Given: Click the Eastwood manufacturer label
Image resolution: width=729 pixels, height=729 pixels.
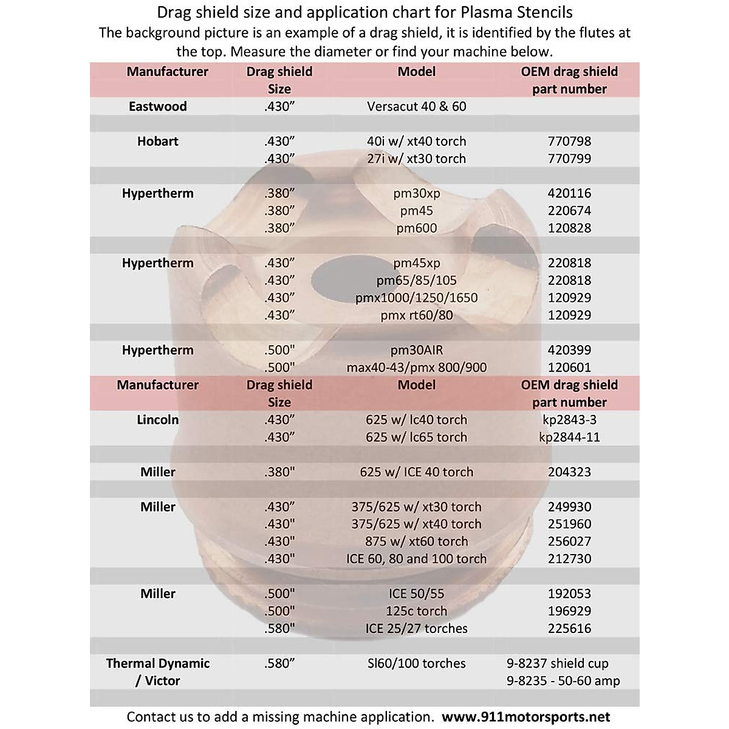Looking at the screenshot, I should (158, 106).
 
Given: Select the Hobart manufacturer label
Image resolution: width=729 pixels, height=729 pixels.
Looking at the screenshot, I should (158, 141).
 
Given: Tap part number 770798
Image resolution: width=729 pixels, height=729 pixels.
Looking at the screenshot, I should (569, 141).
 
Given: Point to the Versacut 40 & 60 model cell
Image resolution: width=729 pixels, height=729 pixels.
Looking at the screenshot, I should (417, 106).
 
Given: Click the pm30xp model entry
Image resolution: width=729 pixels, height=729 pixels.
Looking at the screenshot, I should (417, 193).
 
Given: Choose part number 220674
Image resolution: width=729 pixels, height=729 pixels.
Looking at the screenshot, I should (569, 211).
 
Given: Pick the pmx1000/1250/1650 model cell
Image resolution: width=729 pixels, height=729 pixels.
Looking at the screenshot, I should (417, 298).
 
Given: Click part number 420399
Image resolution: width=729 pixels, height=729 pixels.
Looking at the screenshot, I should (569, 350).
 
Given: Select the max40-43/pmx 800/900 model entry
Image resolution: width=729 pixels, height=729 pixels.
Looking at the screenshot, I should (417, 367).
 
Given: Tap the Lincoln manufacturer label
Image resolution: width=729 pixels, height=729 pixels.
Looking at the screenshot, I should (158, 419).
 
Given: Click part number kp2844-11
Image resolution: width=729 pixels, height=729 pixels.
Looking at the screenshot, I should (569, 437).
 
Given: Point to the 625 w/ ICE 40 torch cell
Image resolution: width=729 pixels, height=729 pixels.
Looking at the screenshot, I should (417, 471).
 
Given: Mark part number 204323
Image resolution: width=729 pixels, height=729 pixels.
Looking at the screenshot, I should (569, 471).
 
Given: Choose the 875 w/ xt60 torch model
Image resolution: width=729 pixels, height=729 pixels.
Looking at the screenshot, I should (417, 541).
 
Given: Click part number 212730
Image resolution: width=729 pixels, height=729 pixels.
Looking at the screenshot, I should (569, 558).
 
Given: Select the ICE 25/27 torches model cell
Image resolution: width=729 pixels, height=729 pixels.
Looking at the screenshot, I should (417, 628).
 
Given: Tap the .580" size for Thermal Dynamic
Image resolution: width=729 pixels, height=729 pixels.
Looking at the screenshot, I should (279, 663).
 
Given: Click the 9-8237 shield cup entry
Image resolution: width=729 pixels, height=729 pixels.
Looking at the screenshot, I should (558, 663).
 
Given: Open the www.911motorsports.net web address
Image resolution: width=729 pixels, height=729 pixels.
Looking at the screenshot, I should (526, 717).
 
